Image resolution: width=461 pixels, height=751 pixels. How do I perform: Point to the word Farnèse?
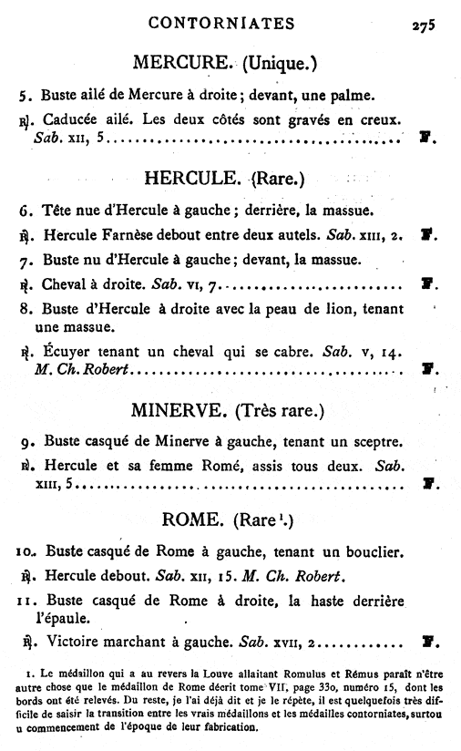pos(129,235)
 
